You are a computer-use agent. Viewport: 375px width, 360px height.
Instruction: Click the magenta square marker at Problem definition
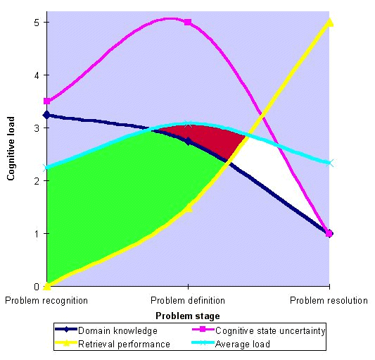tap(188, 23)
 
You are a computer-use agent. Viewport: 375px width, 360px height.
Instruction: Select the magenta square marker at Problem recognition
tap(47, 101)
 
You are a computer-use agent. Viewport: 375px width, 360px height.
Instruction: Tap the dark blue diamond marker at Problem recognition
tap(47, 115)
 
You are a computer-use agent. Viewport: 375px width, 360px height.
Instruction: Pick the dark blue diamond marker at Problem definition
tap(189, 142)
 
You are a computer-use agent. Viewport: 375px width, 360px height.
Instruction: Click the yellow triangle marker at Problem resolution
tap(329, 22)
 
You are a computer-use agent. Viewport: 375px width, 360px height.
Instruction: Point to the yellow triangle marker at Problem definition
tap(189, 208)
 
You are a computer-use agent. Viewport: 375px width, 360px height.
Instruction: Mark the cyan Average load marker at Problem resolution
tap(329, 163)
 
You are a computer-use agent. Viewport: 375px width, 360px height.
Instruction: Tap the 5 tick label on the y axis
tap(37, 23)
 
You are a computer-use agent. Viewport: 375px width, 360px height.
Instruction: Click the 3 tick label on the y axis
tap(37, 128)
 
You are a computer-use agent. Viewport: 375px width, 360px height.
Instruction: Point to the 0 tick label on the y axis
tap(37, 287)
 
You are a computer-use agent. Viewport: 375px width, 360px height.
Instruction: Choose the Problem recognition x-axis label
tap(46, 301)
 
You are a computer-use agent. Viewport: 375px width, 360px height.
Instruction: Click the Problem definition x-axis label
tap(188, 300)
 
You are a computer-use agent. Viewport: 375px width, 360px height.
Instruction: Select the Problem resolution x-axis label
tap(329, 300)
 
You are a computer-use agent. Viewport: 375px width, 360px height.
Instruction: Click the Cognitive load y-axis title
tap(11, 149)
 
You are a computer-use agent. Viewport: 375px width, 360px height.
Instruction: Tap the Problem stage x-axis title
tap(188, 316)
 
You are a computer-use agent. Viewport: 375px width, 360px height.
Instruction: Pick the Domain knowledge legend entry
tap(106, 331)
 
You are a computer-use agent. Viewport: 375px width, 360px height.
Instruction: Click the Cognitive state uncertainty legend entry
tap(259, 331)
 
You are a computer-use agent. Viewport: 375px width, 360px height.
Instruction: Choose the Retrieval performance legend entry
tap(113, 345)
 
